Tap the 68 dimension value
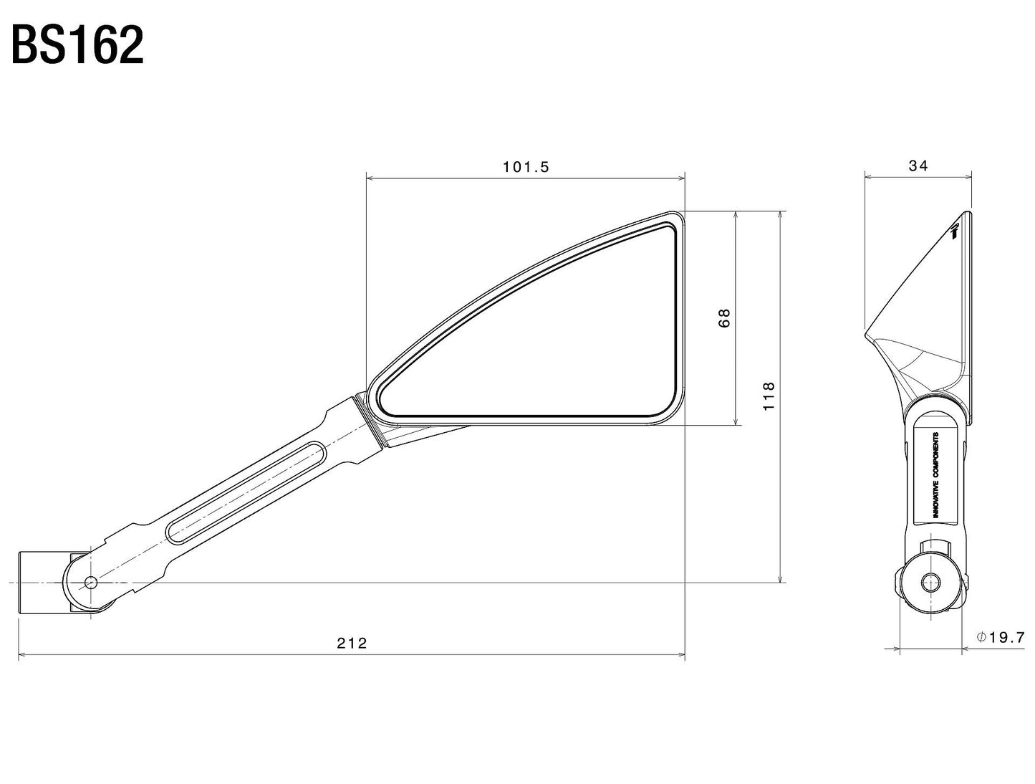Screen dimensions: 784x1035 (x=725, y=317)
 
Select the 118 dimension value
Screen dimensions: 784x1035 (x=769, y=396)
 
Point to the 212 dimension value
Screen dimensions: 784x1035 (x=351, y=643)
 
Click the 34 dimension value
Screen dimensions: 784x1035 (x=918, y=166)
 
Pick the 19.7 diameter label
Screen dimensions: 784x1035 (x=1006, y=637)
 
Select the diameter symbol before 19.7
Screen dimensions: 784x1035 (x=981, y=637)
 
